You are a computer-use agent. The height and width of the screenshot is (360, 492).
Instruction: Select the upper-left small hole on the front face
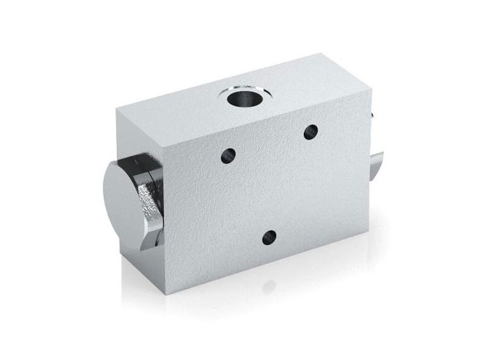coord(229,156)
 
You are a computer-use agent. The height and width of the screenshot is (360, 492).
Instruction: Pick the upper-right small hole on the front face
coord(310,132)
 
